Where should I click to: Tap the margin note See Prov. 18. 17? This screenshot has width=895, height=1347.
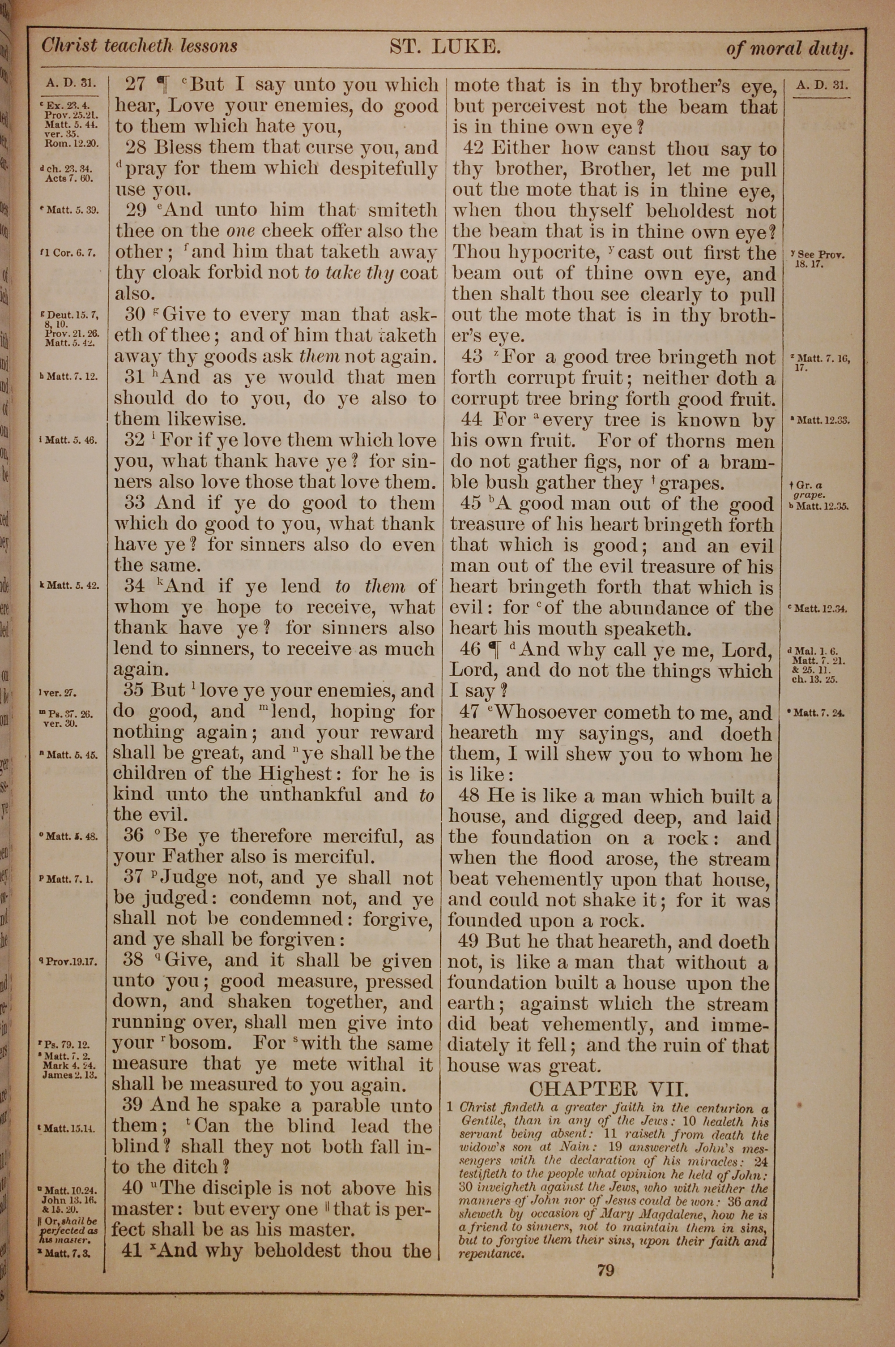pos(818,259)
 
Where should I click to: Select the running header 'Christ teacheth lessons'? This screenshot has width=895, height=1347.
pos(139,46)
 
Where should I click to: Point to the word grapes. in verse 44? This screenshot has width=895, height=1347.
pos(692,484)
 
